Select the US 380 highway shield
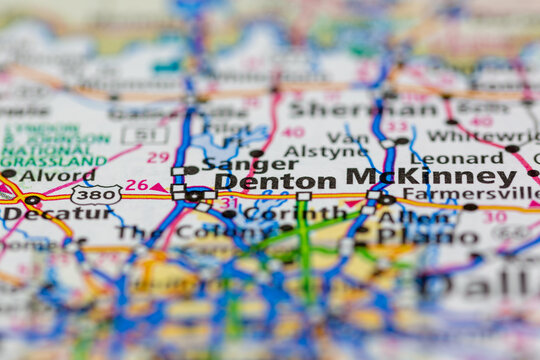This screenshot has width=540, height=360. tap(96, 194)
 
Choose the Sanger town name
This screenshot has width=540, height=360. tap(235, 163)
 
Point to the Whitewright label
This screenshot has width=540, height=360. tap(482, 136)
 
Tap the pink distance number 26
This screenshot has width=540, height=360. tap(136, 185)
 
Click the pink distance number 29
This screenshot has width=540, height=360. tap(158, 157)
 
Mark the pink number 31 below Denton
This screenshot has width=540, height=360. tap(229, 203)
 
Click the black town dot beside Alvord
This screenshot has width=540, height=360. tap(9, 174)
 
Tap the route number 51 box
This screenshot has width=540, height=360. tap(146, 135)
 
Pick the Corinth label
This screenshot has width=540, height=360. tap(281, 213)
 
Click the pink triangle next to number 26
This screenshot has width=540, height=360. tap(158, 187)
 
